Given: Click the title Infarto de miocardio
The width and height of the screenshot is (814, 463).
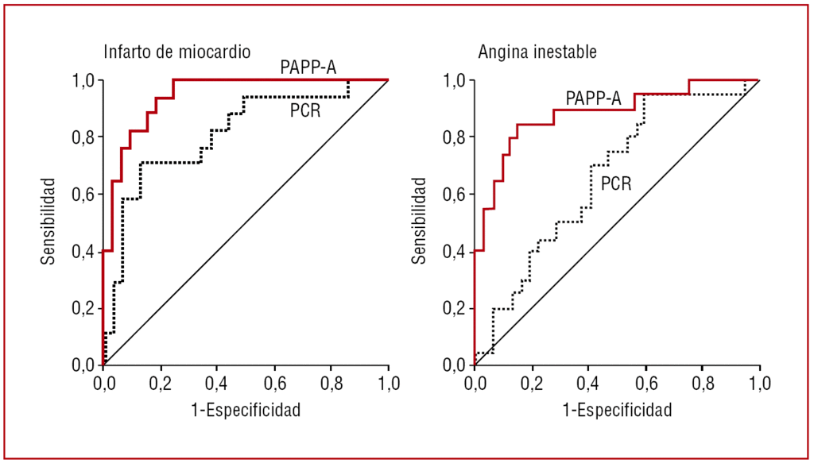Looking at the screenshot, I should click(177, 52).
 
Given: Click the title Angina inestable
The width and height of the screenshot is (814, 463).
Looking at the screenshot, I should click(537, 52).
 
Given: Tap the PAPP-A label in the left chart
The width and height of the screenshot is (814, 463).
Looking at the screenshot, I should click(308, 67).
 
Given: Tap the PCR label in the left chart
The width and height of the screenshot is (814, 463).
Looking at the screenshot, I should click(305, 110).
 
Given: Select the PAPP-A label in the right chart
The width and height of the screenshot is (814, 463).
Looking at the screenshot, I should click(593, 98).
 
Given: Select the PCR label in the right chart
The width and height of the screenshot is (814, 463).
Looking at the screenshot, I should click(616, 184).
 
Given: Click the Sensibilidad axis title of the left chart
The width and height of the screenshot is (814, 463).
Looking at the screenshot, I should click(49, 222).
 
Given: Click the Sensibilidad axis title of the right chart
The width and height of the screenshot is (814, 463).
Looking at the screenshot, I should click(421, 222).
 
